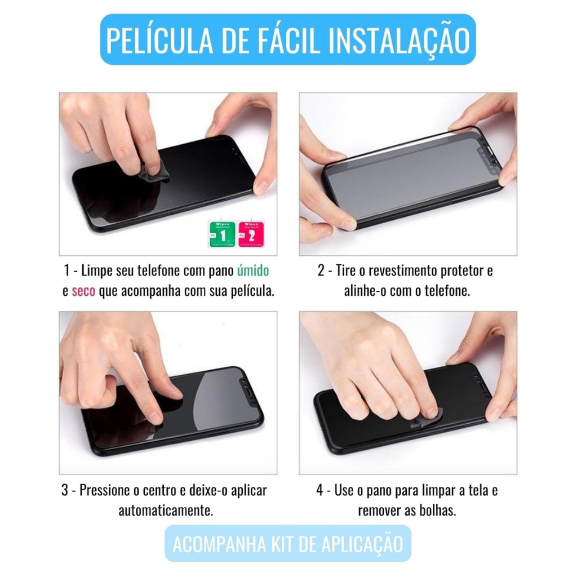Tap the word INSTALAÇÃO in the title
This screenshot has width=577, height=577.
click(400, 41)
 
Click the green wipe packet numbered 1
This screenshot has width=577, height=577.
click(221, 234)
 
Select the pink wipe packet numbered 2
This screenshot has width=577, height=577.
click(251, 234)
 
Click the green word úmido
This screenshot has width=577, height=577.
click(253, 270)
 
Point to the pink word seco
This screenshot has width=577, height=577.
click(83, 291)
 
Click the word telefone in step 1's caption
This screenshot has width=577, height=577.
click(158, 270)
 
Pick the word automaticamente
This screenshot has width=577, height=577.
click(166, 511)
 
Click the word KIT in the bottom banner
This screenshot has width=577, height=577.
click(282, 544)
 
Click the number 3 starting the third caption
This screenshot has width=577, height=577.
click(65, 490)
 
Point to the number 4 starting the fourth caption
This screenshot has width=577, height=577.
click(320, 490)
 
